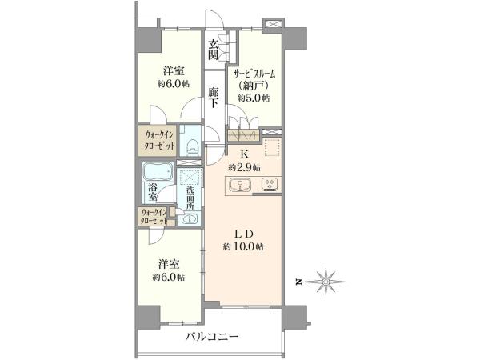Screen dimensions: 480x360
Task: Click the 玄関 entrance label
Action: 214,50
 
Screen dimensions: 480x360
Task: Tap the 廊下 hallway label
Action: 214,98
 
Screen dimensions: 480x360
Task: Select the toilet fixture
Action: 193,146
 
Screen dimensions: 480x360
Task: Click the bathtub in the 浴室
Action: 158,171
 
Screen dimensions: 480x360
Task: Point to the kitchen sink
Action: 240,186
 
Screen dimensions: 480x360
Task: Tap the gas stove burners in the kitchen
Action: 270,185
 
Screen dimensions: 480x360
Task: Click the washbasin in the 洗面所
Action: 190,218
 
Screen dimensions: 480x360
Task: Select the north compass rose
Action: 327,282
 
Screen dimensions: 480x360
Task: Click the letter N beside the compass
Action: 298,282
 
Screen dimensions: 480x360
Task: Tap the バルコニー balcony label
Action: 212,337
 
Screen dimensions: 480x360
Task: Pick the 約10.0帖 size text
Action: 243,246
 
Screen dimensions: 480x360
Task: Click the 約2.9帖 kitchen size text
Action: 244,167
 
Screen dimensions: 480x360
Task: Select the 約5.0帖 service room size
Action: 254,98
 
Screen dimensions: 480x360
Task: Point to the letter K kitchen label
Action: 244,154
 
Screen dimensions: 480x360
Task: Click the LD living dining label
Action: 244,234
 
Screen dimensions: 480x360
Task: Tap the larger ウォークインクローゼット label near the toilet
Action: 160,140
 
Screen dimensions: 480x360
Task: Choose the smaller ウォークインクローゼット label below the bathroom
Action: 154,216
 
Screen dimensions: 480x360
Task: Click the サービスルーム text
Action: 254,74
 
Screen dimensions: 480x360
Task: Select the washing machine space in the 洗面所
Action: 190,177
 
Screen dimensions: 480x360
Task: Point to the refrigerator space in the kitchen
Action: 272,147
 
